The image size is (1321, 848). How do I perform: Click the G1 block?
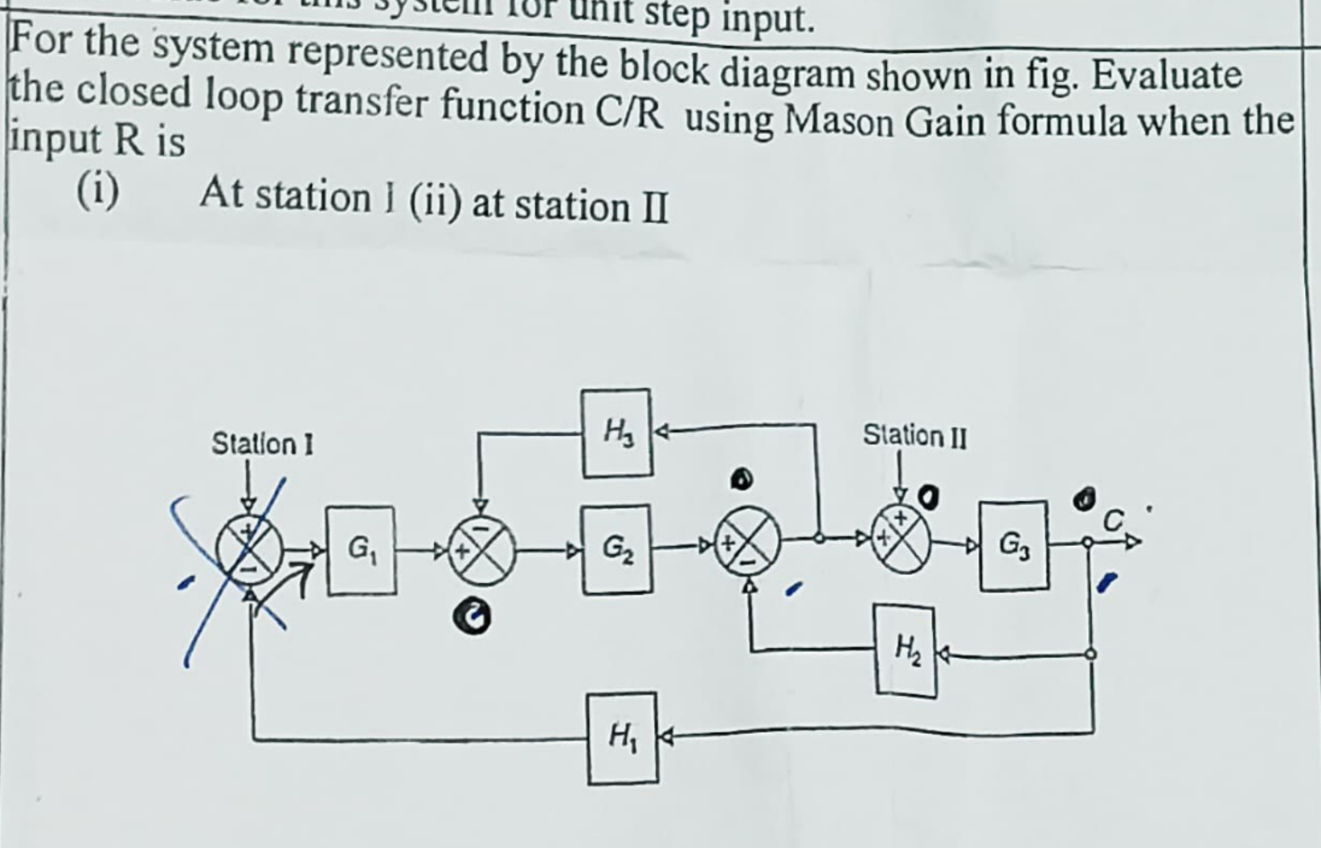coord(361,550)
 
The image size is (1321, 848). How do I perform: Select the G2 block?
coord(616,549)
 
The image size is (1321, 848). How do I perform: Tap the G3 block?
coord(1013,545)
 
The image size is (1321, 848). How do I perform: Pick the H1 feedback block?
coord(622,737)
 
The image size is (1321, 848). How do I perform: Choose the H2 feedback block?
coord(906,651)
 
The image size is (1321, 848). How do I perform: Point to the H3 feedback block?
coord(617,433)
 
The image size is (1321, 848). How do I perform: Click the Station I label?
coord(262,443)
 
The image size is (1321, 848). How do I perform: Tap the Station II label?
coord(914,436)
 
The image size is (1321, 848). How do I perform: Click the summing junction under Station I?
coord(250,551)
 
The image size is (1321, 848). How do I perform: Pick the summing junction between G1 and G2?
coord(481,552)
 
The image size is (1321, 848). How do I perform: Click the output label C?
coord(1112,522)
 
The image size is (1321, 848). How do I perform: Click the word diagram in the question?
coord(787,74)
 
